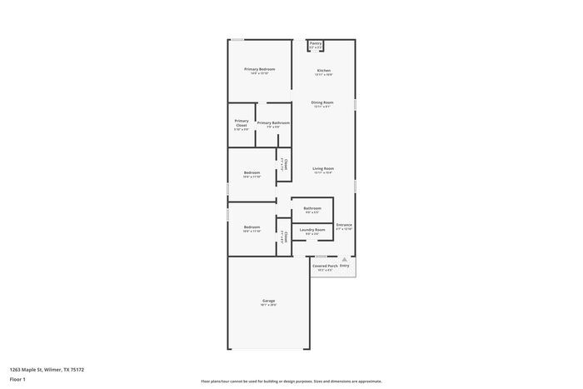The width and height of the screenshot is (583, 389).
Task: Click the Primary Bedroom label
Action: point(260,69)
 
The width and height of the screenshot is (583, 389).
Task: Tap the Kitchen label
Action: point(324,70)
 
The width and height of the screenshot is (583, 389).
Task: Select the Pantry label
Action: point(316,43)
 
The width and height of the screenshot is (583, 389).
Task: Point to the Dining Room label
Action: point(323,102)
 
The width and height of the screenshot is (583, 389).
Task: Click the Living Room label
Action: point(323,168)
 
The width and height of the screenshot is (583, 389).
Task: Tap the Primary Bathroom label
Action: point(273,122)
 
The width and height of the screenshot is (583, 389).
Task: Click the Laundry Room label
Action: point(312,229)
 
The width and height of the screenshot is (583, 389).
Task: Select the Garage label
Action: point(269,301)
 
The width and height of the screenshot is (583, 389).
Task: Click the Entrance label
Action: point(344,224)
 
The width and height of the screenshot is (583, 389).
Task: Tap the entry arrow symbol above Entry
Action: point(344,259)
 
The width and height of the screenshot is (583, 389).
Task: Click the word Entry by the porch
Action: point(344,266)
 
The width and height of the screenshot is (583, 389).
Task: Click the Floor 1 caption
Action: point(18,379)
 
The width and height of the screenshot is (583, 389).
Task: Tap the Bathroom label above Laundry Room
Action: point(312,208)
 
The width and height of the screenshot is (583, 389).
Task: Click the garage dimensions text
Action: point(269,306)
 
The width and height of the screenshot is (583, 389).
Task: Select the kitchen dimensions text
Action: point(324,75)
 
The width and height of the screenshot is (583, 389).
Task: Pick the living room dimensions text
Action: point(323,173)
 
